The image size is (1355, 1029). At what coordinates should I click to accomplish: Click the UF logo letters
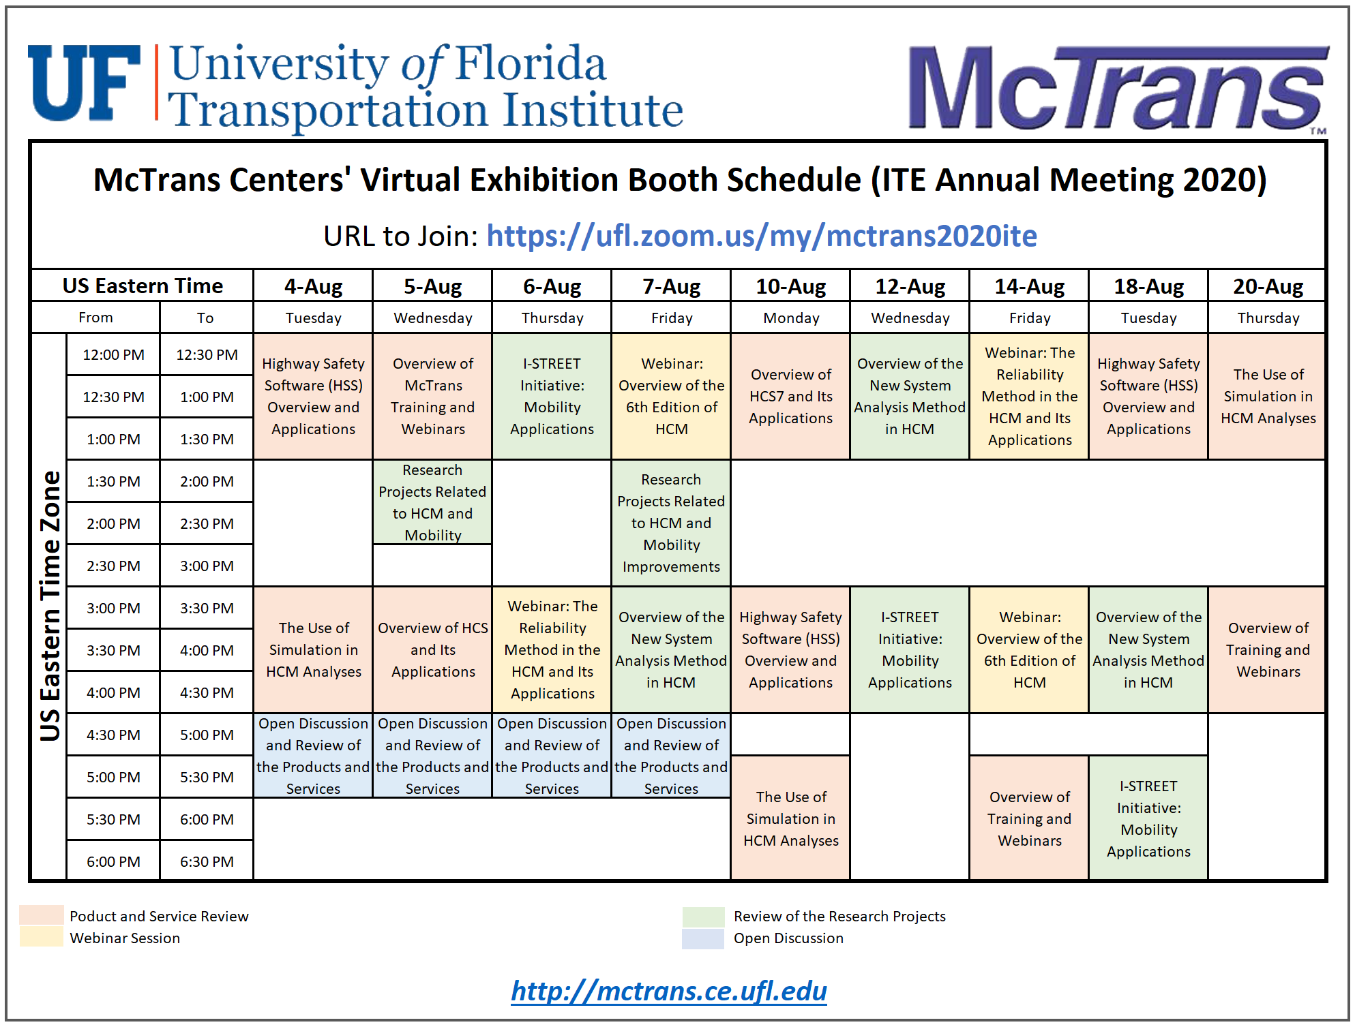coord(83,83)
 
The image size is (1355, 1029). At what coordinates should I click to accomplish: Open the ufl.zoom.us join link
coord(761,236)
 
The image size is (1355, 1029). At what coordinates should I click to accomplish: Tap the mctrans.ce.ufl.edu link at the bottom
coord(668,990)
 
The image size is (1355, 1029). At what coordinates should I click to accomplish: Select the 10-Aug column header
coord(790,286)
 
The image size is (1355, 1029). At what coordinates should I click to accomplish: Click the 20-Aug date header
coord(1267,286)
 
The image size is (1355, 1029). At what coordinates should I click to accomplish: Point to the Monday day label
coord(790,318)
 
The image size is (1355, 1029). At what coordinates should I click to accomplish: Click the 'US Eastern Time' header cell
coord(143,286)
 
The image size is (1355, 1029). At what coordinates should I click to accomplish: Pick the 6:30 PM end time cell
coord(207,861)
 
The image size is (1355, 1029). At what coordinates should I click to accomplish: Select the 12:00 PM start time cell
coord(113,354)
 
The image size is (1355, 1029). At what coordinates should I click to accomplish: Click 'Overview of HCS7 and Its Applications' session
coord(790,396)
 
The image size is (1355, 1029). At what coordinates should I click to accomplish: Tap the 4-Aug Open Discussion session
coord(313,756)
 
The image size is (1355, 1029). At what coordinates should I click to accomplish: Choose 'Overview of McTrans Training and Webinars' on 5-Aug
coord(432,396)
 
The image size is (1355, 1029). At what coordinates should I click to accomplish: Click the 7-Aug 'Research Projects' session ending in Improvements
coord(671,523)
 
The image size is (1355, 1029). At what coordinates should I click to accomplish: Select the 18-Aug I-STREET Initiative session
coord(1148,818)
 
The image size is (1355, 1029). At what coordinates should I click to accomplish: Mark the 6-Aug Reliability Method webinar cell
coord(552,649)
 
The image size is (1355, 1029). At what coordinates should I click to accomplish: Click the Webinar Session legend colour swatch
coord(42,938)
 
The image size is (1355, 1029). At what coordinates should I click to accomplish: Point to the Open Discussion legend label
coord(788,938)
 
